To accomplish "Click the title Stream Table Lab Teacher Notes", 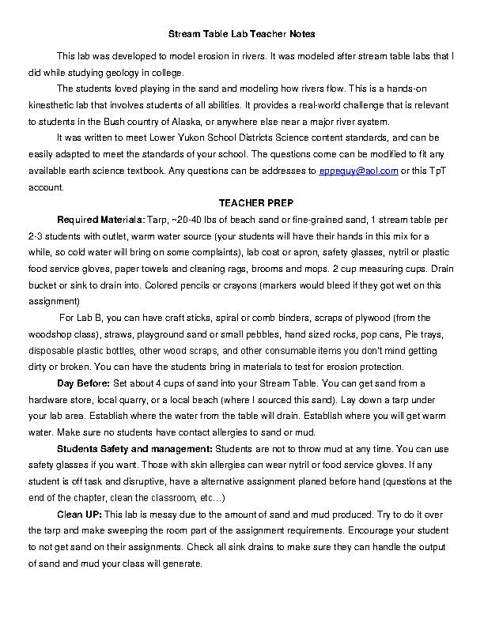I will [x=242, y=35].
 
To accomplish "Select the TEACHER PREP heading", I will [x=242, y=202].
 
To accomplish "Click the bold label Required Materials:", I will [x=95, y=217].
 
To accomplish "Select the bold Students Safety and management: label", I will [x=119, y=449].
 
